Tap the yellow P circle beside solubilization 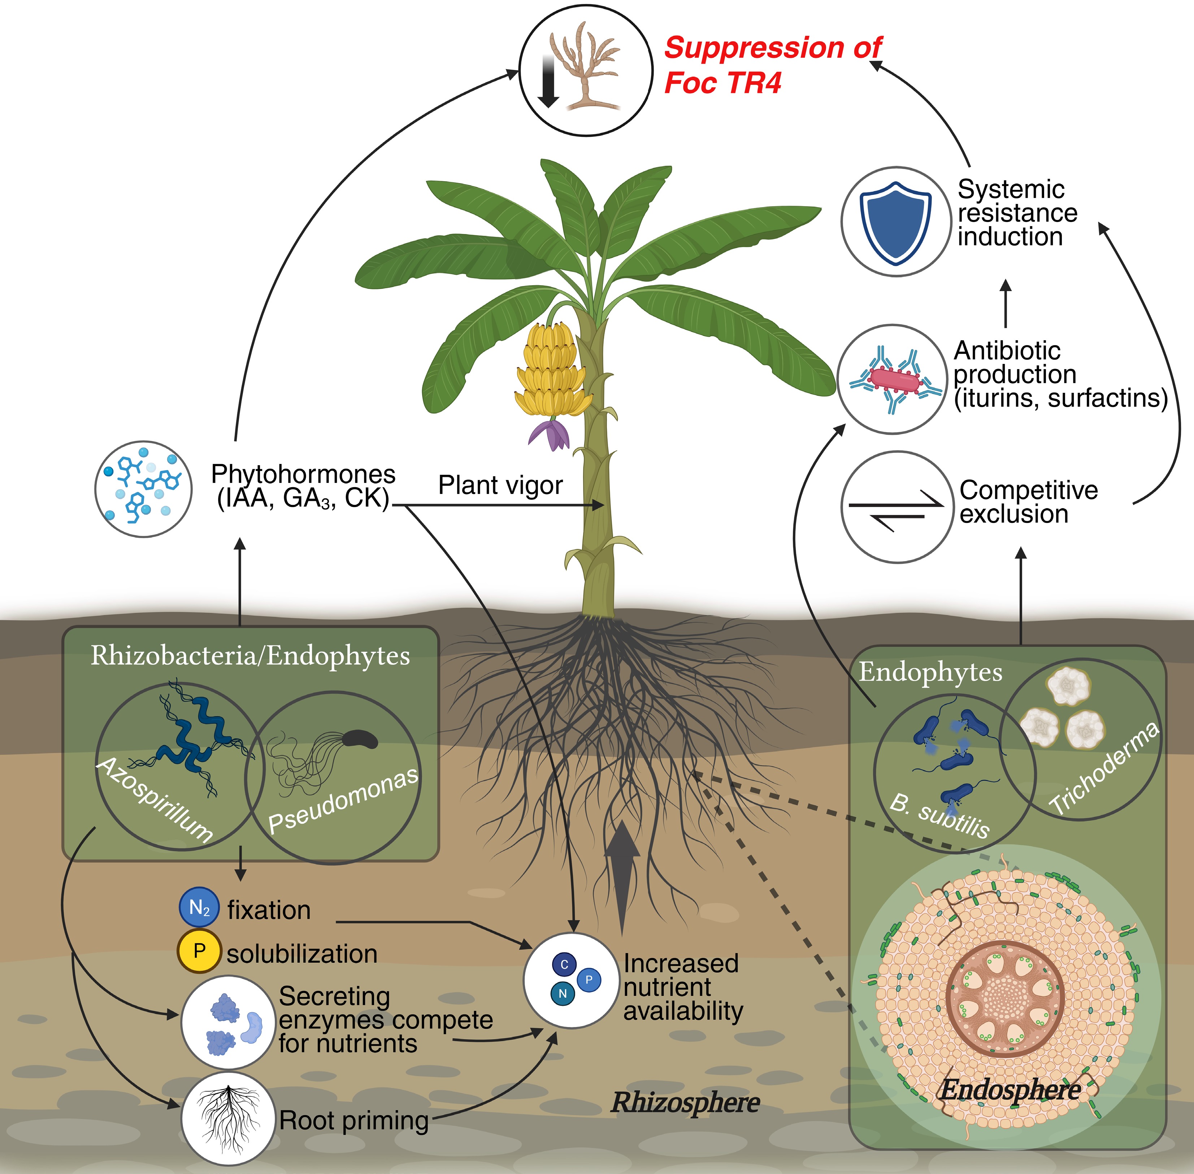click(199, 951)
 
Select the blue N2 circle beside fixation click(199, 907)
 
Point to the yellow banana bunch click(551, 370)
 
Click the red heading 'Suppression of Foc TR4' click(772, 65)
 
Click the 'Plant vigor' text click(500, 485)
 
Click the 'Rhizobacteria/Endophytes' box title click(250, 655)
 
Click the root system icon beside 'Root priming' click(228, 1117)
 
